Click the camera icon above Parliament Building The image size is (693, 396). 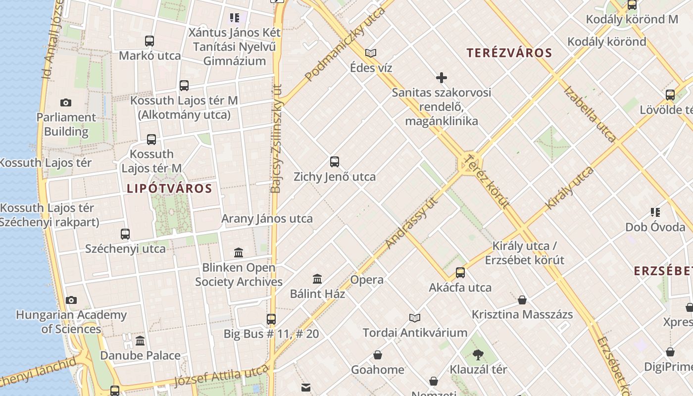[x=66, y=103]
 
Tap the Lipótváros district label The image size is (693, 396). [x=169, y=189]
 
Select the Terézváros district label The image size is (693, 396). [x=509, y=53]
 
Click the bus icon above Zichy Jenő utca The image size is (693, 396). [x=335, y=162]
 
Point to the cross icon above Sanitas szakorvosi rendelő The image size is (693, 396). [x=442, y=78]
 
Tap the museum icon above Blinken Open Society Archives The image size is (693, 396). [x=239, y=253]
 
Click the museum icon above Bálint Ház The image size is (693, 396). [x=317, y=279]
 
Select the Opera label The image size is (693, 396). [x=367, y=280]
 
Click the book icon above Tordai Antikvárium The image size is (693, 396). [x=415, y=318]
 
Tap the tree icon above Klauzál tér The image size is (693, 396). [x=478, y=354]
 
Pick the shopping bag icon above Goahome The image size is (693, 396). [x=378, y=355]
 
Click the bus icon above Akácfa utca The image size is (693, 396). [x=460, y=273]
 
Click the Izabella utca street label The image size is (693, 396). [x=590, y=113]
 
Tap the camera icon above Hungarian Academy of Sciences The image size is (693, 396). [x=71, y=300]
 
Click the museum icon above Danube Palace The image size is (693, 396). [x=140, y=341]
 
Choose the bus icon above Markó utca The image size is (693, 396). [x=149, y=41]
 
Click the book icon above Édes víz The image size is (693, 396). [x=371, y=53]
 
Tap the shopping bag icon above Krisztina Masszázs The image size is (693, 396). [x=522, y=300]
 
